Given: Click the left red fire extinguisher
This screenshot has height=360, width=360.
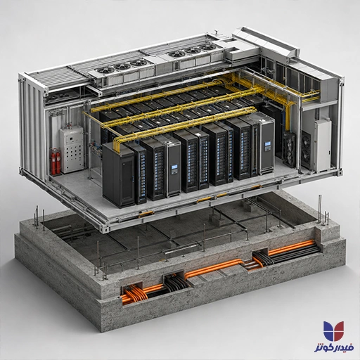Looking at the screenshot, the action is coord(53,161).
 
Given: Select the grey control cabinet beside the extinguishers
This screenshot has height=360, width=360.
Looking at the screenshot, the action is coord(72,150).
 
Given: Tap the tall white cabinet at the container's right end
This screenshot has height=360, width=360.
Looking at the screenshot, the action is coord(323,146).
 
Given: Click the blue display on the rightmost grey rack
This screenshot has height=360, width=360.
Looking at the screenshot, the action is coord(267,146).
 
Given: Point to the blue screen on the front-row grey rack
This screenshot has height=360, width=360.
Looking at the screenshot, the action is coord(174,169).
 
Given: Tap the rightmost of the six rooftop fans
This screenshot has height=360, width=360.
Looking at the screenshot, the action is coord(208,47).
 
